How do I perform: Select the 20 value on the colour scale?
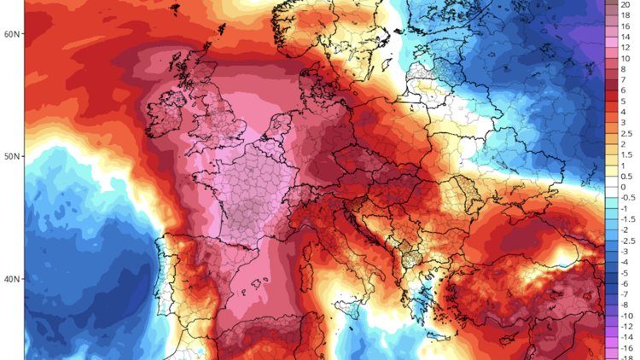(625, 3)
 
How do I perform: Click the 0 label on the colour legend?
(623, 187)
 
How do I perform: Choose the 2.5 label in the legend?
(625, 133)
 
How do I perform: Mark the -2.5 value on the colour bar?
(625, 241)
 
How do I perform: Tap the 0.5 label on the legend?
(625, 176)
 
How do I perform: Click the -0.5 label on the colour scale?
(625, 198)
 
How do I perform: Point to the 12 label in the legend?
(625, 47)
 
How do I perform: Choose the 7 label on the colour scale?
(623, 79)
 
